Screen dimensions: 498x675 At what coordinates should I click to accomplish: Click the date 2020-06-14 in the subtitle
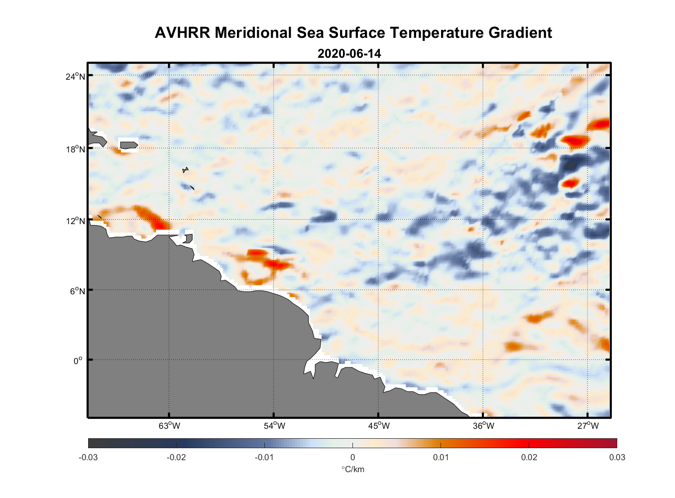[x=349, y=54]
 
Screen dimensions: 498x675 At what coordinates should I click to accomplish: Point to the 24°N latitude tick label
[x=75, y=76]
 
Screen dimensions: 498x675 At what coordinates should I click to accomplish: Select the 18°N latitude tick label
[x=75, y=149]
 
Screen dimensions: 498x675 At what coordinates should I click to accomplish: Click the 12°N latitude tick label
[x=75, y=221]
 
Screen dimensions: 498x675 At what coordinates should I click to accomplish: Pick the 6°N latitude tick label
[x=77, y=291]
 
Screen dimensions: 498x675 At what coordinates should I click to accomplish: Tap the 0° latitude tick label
[x=78, y=361]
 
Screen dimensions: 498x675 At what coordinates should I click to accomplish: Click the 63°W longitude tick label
[x=169, y=426]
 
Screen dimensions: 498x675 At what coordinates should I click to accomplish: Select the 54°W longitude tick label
[x=274, y=426]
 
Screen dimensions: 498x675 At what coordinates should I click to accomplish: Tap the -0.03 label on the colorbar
[x=88, y=457]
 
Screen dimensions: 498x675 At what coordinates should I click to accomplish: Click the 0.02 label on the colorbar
[x=529, y=457]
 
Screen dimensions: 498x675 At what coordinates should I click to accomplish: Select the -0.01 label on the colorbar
[x=264, y=457]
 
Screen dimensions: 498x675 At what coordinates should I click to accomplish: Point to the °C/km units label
[x=352, y=469]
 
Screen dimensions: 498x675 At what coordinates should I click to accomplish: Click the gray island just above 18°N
[x=128, y=145]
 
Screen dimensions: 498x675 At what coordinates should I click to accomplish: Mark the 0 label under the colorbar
[x=352, y=457]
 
